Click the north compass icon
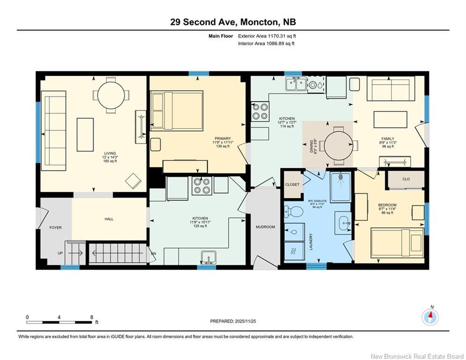(x=430, y=317)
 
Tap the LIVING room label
(x=110, y=154)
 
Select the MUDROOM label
(x=266, y=227)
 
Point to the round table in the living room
(x=111, y=96)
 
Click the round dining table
(x=339, y=145)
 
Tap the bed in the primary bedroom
(x=177, y=110)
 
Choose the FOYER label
(x=56, y=228)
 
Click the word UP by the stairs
(x=60, y=253)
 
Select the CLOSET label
(x=292, y=185)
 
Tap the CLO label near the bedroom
(x=406, y=179)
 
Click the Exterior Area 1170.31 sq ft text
(x=267, y=36)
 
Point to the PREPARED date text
(x=233, y=321)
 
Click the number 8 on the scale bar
(x=91, y=317)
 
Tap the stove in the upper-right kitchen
(x=260, y=111)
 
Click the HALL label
(x=109, y=219)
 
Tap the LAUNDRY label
(x=311, y=241)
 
